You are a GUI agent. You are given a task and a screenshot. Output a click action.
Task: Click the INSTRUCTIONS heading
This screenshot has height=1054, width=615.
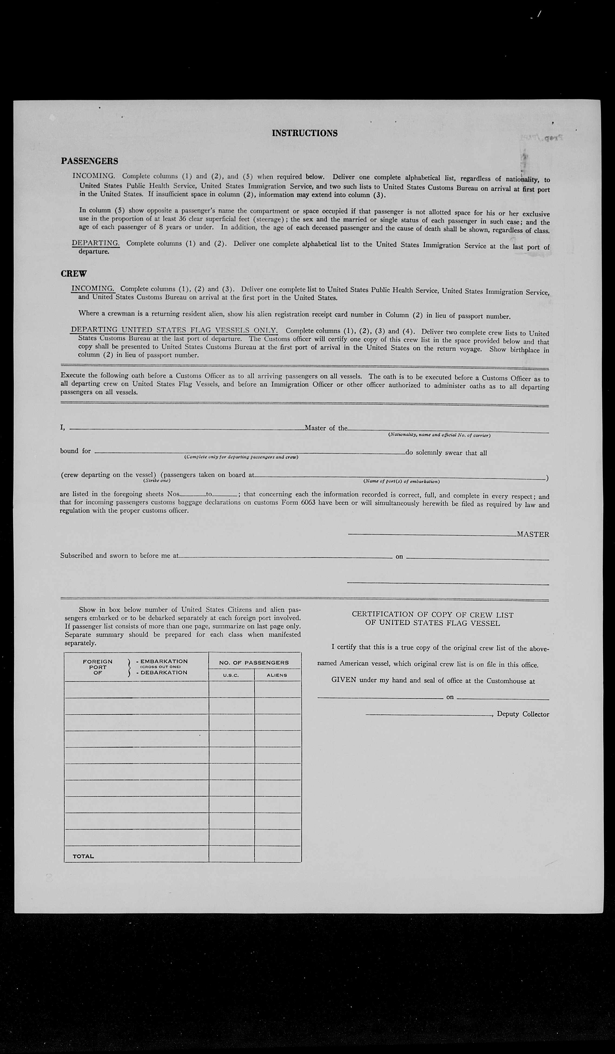click(305, 133)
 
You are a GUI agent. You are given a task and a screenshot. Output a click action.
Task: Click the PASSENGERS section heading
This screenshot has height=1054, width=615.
click(90, 161)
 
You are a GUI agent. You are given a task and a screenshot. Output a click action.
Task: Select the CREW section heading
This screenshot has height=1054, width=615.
click(74, 274)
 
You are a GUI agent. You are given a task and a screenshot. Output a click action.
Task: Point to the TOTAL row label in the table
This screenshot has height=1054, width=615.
click(83, 856)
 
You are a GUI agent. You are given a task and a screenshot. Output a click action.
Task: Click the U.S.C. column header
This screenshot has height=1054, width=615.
click(231, 675)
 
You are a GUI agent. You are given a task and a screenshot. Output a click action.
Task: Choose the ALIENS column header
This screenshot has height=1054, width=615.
click(277, 675)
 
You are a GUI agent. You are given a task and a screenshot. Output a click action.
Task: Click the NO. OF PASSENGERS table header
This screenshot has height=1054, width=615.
click(254, 662)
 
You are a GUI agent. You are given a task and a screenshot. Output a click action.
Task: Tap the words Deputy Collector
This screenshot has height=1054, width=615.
click(523, 714)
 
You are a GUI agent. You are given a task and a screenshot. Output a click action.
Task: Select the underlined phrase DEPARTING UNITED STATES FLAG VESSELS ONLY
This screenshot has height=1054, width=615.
click(174, 330)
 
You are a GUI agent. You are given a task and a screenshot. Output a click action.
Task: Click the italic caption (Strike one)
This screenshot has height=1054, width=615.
click(157, 480)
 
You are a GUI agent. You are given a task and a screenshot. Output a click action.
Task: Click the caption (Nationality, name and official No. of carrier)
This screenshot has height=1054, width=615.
click(439, 435)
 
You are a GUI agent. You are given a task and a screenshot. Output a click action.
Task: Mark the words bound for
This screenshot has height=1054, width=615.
click(75, 451)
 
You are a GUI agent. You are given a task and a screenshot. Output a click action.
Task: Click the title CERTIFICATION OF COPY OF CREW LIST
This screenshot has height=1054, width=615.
click(433, 614)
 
